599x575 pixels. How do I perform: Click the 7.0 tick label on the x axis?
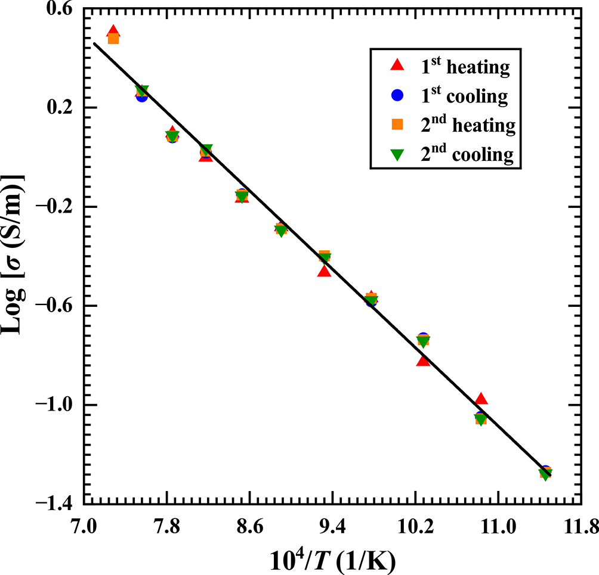pos(83,527)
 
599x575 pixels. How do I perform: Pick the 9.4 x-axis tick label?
pos(332,527)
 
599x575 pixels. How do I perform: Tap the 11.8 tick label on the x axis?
pos(579,527)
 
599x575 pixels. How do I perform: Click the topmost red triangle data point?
pos(113,32)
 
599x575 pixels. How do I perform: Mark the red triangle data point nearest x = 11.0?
pos(481,399)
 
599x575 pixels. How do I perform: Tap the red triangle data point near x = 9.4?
pos(324,271)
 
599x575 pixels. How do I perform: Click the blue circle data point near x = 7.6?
pos(141,95)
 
